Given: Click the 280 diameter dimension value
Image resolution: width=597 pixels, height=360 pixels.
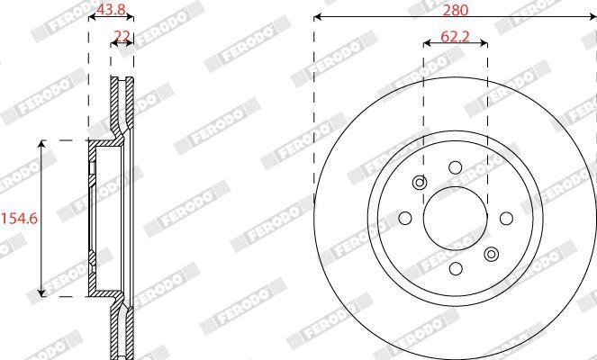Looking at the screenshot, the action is pos(456,10).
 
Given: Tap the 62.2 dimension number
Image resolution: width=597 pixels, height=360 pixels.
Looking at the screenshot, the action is pos(455,37).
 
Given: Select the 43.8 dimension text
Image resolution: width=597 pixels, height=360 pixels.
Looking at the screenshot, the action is pos(111,10).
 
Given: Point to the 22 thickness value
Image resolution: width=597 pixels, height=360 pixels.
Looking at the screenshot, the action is pos(122,36).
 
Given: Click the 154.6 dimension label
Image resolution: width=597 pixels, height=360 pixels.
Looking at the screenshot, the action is pos(20,219).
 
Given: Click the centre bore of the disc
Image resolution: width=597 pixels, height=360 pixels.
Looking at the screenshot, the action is pos(456,218).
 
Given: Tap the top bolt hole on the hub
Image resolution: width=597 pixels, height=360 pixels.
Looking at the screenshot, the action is pos(456,167).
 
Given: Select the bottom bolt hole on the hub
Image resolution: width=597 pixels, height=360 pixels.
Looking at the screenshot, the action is pos(456,269).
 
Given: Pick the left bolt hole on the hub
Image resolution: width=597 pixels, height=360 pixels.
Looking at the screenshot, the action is pos(404,218).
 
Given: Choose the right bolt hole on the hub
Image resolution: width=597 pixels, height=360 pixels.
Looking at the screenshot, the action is pos(506,218).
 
